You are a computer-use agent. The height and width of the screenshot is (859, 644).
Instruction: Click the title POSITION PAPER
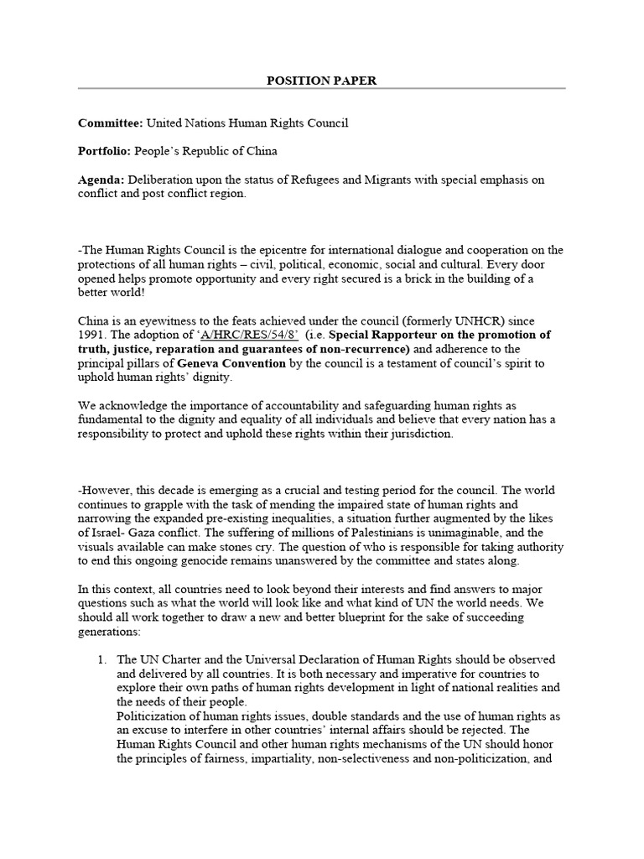322,81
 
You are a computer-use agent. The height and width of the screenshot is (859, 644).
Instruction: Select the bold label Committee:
111,123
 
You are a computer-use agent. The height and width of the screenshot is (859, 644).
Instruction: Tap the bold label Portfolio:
107,151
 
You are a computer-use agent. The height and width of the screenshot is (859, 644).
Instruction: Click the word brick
428,279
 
